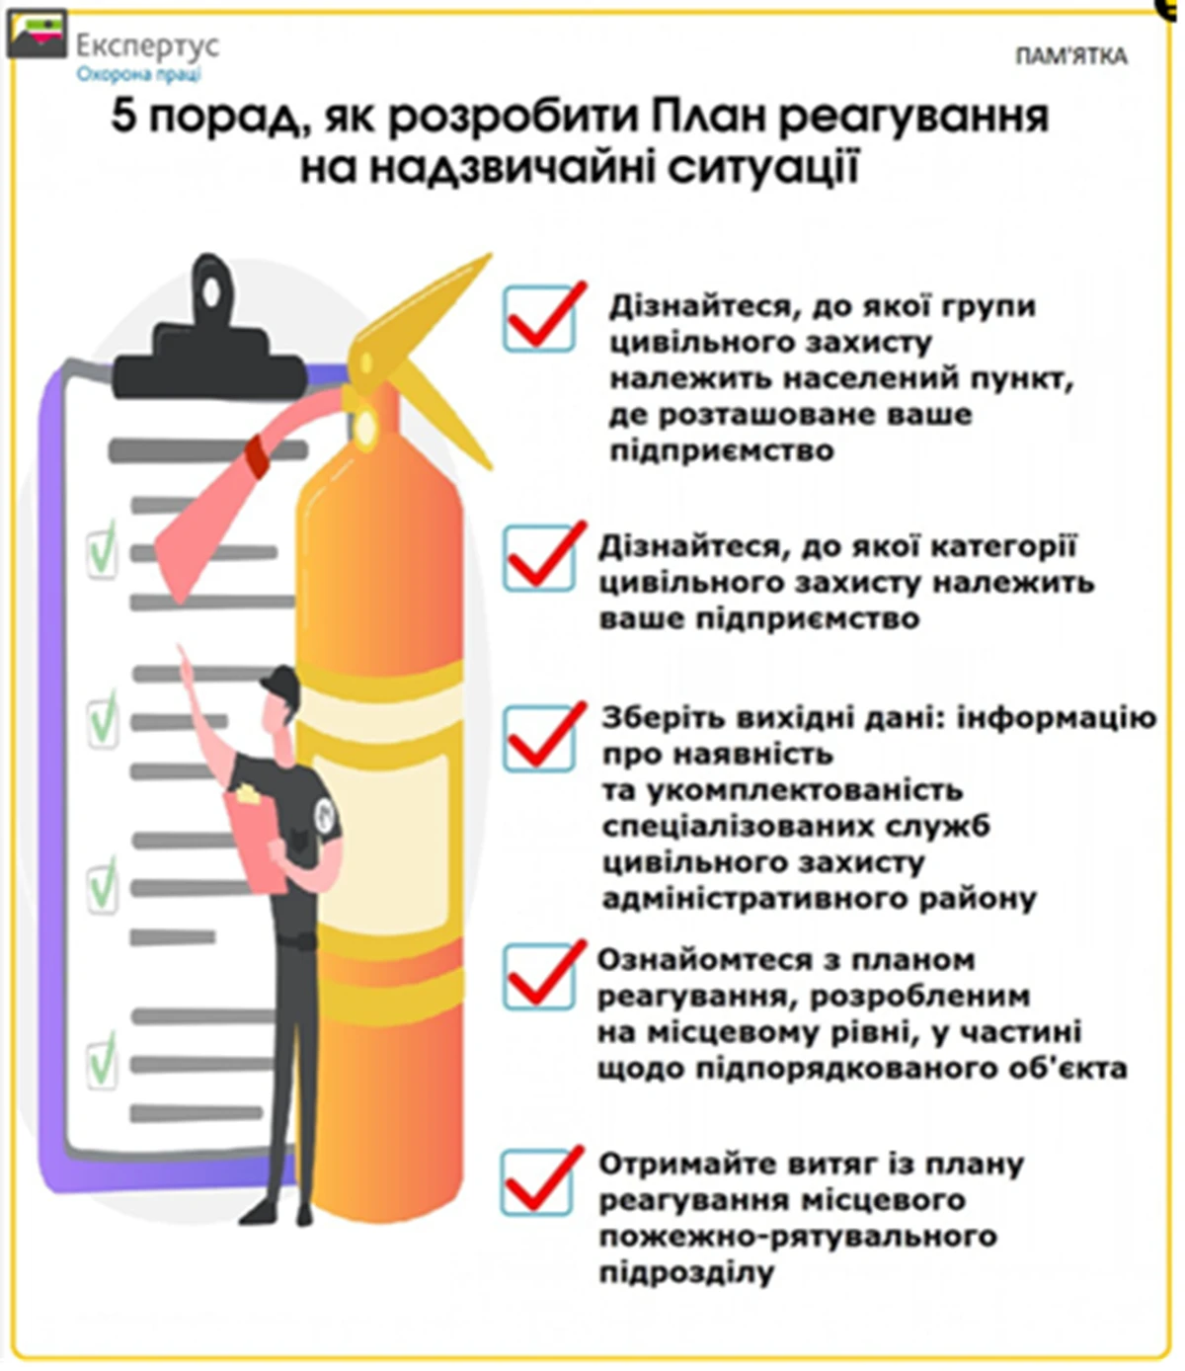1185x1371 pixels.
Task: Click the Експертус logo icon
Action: tap(37, 37)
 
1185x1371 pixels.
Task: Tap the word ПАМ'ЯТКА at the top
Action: tap(1070, 56)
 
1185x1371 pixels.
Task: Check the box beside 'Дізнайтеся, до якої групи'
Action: tap(539, 318)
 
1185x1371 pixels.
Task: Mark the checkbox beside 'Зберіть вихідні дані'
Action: tap(539, 737)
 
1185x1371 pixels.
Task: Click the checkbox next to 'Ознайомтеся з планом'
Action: tap(539, 976)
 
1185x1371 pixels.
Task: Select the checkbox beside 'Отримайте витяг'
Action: tap(539, 1181)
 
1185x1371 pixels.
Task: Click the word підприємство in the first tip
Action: tap(722, 451)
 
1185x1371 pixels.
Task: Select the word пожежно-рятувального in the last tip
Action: tap(798, 1237)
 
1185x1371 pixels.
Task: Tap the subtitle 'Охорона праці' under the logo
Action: tap(138, 74)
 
